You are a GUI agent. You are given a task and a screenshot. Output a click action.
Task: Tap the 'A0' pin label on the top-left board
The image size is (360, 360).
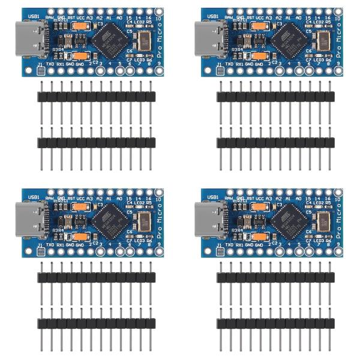click(x=119, y=18)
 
